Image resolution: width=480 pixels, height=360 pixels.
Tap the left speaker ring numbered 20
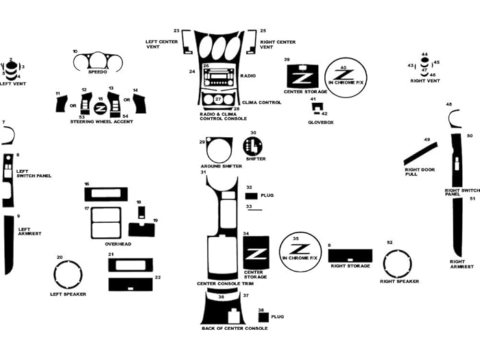pos(69,274)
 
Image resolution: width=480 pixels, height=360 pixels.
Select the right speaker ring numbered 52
pos(398,263)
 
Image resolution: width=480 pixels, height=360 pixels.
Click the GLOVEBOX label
pos(321,122)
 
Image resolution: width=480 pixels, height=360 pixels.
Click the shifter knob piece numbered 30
pos(253,146)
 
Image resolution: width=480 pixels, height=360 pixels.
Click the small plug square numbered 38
pos(263,317)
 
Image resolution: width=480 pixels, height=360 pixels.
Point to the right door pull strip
pos(419,154)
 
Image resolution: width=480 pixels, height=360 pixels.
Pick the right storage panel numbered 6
pos(350,255)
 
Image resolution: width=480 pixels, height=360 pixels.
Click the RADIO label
pos(248,75)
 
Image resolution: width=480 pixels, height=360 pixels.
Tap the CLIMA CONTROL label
pos(262,102)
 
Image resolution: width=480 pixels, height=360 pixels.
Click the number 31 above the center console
pos(204,171)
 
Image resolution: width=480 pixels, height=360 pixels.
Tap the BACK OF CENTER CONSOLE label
pos(235,328)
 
